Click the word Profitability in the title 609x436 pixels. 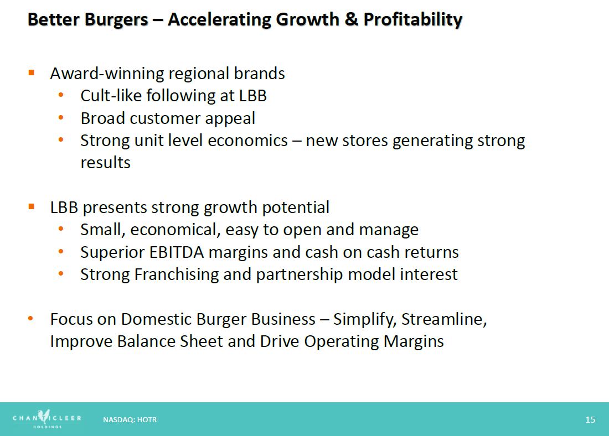pyautogui.click(x=413, y=20)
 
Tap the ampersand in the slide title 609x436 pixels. pyautogui.click(x=351, y=19)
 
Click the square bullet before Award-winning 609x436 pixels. pyautogui.click(x=32, y=72)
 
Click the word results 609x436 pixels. pyautogui.click(x=105, y=163)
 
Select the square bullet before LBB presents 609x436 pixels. pyautogui.click(x=32, y=206)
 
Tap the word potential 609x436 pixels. pyautogui.click(x=296, y=207)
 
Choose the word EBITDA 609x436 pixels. pyautogui.click(x=176, y=252)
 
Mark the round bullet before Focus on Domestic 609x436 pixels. pyautogui.click(x=30, y=318)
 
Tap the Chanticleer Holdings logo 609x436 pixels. pyautogui.click(x=47, y=418)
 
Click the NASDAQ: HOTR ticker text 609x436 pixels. pyautogui.click(x=130, y=420)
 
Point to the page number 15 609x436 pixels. pyautogui.click(x=590, y=420)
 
